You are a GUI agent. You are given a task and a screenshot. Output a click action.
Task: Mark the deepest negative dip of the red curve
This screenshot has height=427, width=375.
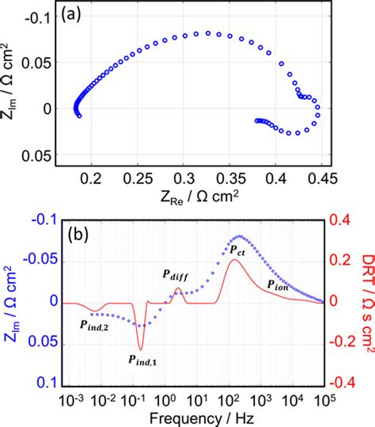click(141, 349)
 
